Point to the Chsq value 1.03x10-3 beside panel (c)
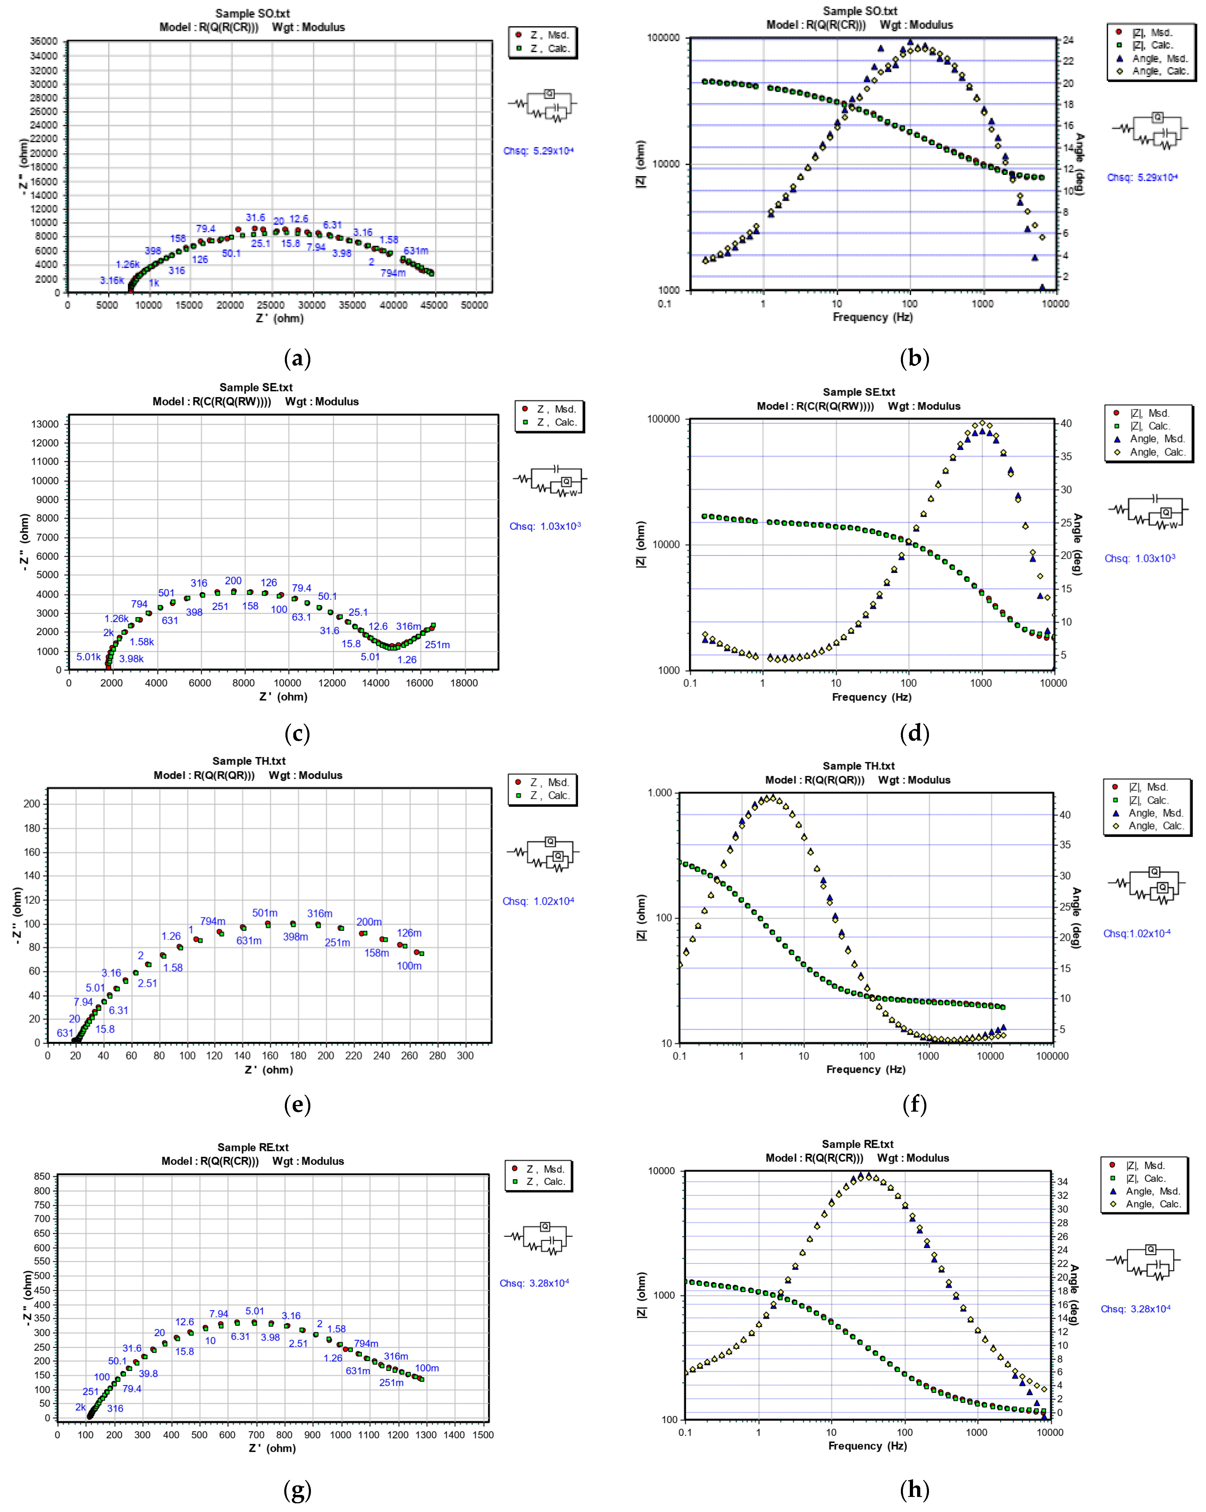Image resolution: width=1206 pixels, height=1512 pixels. pos(545,526)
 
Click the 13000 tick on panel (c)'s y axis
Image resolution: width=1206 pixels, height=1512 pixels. pos(45,424)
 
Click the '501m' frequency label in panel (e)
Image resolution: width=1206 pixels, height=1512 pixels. pos(265,912)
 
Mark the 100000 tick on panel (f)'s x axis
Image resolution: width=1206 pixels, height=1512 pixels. pos(1052,1056)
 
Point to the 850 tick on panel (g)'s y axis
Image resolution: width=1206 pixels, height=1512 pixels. pos(42,1177)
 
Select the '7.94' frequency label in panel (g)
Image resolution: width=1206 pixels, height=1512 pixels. pos(219,1313)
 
